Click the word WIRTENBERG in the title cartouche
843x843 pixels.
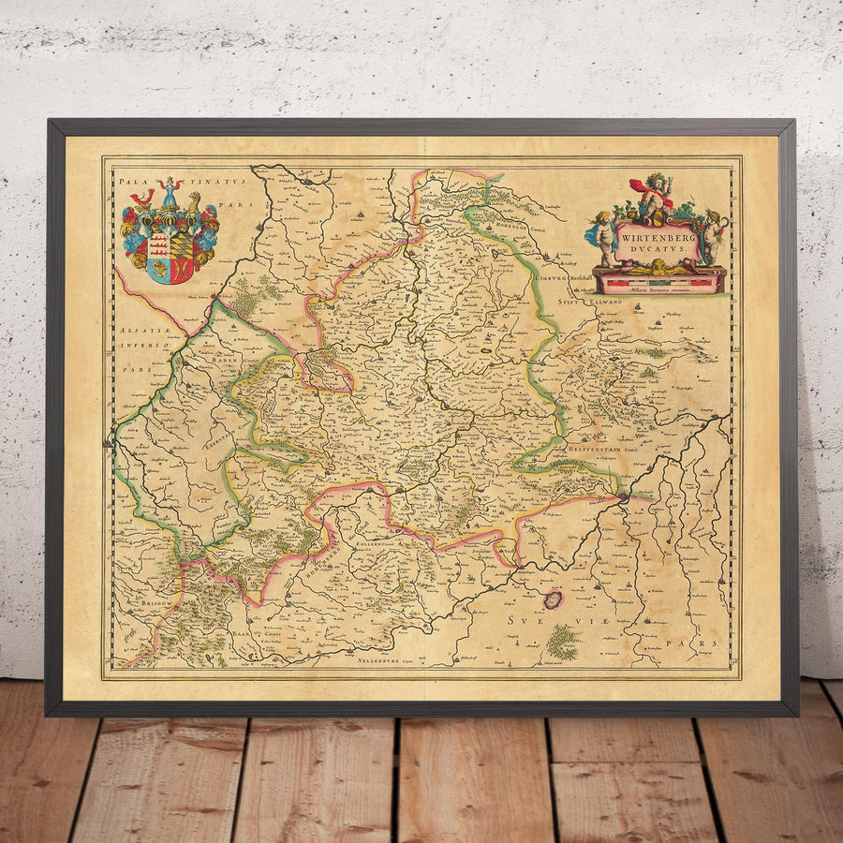[656, 238]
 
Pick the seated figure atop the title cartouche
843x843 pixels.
[657, 197]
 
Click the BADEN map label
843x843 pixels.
[228, 359]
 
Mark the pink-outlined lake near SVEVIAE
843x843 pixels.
[554, 599]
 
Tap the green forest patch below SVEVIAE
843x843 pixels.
[562, 642]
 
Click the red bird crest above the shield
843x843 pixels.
[143, 197]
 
